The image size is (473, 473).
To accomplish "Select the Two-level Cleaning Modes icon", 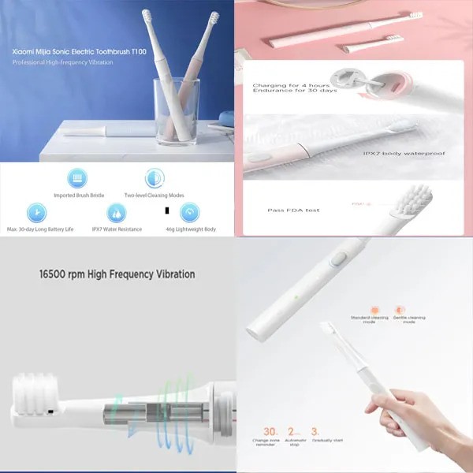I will (154, 179).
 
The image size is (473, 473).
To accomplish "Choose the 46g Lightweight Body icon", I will (189, 212).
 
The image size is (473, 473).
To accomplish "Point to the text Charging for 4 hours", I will (285, 83).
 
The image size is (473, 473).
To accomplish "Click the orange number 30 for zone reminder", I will (270, 431).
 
